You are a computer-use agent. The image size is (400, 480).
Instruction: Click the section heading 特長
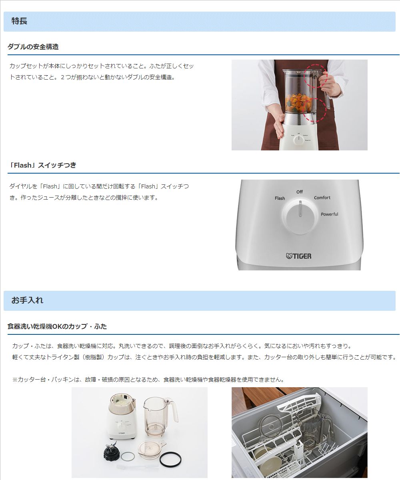click(20, 21)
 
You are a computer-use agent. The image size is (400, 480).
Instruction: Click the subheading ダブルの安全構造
click(33, 47)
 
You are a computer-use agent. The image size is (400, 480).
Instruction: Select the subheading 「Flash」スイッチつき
click(42, 165)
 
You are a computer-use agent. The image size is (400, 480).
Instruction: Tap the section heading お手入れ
click(27, 300)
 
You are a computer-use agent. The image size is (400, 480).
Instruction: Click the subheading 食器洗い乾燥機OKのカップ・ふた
click(57, 326)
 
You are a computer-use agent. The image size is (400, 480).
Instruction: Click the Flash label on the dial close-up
click(280, 198)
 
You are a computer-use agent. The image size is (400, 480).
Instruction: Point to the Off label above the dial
click(300, 192)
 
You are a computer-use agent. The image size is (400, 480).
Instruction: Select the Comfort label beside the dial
click(322, 198)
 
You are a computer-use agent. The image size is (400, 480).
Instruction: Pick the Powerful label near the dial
click(330, 214)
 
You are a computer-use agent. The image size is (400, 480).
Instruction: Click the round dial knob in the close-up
click(300, 217)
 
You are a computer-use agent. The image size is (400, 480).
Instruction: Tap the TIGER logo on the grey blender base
click(299, 256)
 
